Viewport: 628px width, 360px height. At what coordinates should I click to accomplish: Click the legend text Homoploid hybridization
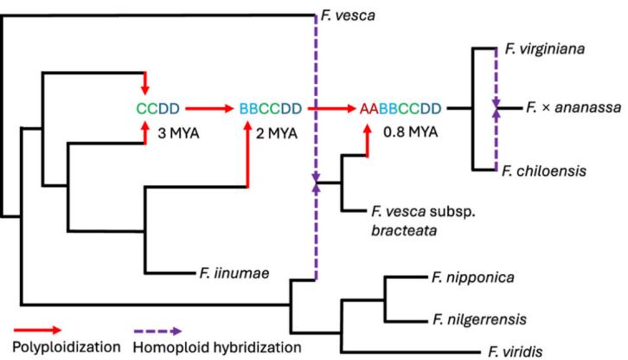[219, 348]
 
